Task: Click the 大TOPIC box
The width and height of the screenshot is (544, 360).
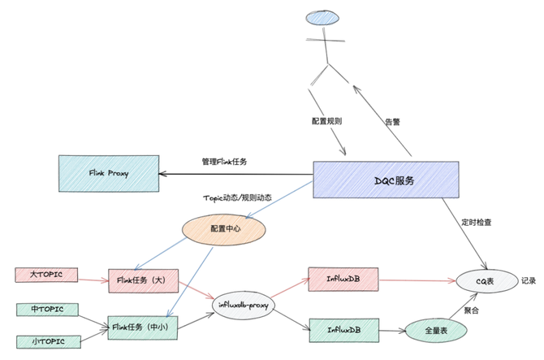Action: (47, 275)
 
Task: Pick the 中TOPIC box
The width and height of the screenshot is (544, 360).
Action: (46, 309)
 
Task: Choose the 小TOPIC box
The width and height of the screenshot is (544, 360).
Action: (46, 340)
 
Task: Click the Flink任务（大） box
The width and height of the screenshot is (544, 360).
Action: (142, 281)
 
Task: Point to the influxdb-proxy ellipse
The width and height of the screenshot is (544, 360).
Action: (243, 305)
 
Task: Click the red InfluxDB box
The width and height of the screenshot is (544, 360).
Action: (344, 278)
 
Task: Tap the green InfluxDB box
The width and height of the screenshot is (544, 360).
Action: (344, 329)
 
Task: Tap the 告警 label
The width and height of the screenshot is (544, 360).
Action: (392, 122)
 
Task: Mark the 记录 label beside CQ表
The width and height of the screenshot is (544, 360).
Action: (529, 281)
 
